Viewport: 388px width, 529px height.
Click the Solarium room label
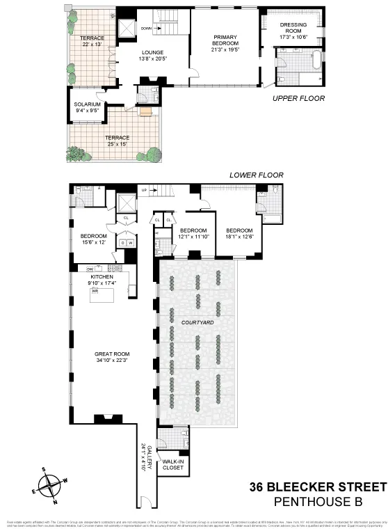pos(87,107)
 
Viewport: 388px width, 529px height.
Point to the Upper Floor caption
pos(298,98)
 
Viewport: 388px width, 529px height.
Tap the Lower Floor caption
pos(256,175)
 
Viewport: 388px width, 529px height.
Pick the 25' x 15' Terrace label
pos(117,141)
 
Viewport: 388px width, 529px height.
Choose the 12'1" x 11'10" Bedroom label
pos(193,234)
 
